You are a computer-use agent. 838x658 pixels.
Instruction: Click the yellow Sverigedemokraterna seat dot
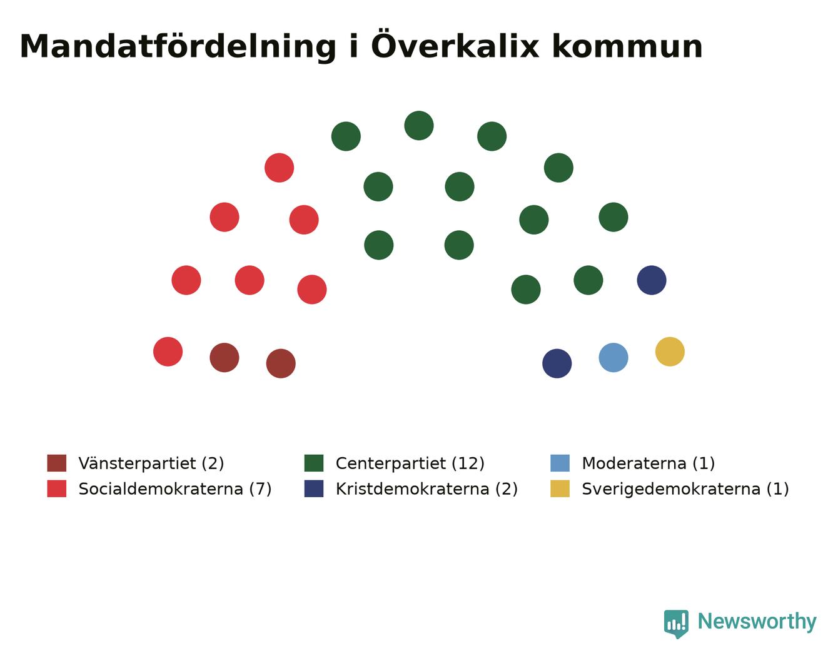point(670,352)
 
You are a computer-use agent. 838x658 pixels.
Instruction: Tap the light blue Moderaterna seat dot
point(613,358)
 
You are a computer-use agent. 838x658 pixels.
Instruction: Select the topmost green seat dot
point(419,125)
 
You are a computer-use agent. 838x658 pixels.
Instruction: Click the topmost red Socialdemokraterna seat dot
point(279,168)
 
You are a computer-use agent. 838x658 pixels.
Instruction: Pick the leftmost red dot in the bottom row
point(168,352)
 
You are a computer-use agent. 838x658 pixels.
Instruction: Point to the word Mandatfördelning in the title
point(178,47)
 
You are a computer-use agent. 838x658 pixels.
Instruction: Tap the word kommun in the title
point(627,47)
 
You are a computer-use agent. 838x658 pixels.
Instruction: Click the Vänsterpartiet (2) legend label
point(151,463)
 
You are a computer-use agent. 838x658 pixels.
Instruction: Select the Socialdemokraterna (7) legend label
point(175,489)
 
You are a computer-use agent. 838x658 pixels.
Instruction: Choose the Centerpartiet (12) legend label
point(410,463)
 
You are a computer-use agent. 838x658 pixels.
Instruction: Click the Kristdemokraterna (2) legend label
point(427,489)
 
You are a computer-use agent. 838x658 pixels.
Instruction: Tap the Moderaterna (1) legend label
point(649,463)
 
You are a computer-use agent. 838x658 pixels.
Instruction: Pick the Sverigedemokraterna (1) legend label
point(685,489)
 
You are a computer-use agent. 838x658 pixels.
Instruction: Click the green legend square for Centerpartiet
point(314,463)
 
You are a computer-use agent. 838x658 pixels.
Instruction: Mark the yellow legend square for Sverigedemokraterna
point(560,488)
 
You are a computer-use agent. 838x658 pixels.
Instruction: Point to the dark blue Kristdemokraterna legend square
point(314,488)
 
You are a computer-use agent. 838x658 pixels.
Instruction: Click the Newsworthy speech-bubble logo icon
point(676,624)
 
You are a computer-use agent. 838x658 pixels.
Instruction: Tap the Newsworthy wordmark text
point(757,621)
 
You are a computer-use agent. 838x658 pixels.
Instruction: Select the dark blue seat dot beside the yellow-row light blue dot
point(557,363)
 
